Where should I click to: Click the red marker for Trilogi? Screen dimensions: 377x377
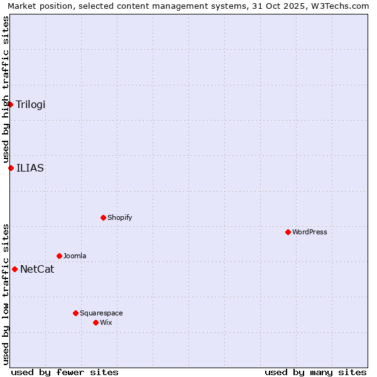point(11,104)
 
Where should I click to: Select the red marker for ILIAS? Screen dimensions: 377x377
point(11,168)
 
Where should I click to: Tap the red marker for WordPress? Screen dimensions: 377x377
point(288,232)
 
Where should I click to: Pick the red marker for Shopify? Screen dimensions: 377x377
point(103,217)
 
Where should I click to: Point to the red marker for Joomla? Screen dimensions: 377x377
point(59,256)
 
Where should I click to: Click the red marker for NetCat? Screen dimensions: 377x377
point(14,269)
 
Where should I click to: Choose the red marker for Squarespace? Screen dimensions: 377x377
point(75,313)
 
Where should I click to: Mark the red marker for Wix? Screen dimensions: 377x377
point(96,322)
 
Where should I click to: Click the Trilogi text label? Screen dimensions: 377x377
point(31,104)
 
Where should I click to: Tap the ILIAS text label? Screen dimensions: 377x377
point(30,168)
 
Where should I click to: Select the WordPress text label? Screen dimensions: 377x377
point(310,232)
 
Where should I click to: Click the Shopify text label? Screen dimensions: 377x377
point(120,217)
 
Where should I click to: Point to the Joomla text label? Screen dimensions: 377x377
point(75,256)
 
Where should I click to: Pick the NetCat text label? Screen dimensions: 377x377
point(37,270)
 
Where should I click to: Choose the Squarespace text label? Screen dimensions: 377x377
point(101,313)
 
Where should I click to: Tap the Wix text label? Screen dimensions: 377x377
point(106,322)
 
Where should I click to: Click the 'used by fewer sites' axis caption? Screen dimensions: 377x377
point(65,372)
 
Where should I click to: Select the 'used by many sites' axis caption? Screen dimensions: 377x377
point(315,372)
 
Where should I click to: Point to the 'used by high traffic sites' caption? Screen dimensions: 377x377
point(6,89)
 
